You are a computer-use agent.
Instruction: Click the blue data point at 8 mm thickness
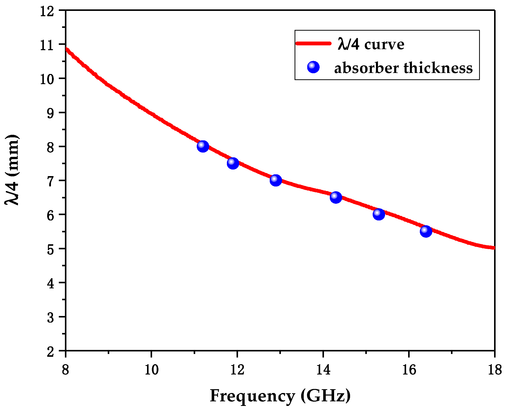203,146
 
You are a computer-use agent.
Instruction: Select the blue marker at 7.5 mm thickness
233,163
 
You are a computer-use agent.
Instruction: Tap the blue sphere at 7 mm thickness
276,180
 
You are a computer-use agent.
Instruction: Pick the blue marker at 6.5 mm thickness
336,197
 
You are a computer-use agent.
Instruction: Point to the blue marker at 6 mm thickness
379,214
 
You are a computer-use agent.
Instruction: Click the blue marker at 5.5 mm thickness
426,231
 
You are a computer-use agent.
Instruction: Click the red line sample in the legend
314,44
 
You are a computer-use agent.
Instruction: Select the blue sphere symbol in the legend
313,67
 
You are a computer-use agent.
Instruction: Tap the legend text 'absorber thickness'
403,68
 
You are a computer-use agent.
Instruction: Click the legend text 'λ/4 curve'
371,44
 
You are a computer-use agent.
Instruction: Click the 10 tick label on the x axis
151,370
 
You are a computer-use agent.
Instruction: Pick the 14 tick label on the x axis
323,370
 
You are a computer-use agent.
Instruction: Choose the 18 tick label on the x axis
495,370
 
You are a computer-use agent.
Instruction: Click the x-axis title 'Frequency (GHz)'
280,396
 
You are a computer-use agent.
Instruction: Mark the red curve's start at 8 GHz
66,48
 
